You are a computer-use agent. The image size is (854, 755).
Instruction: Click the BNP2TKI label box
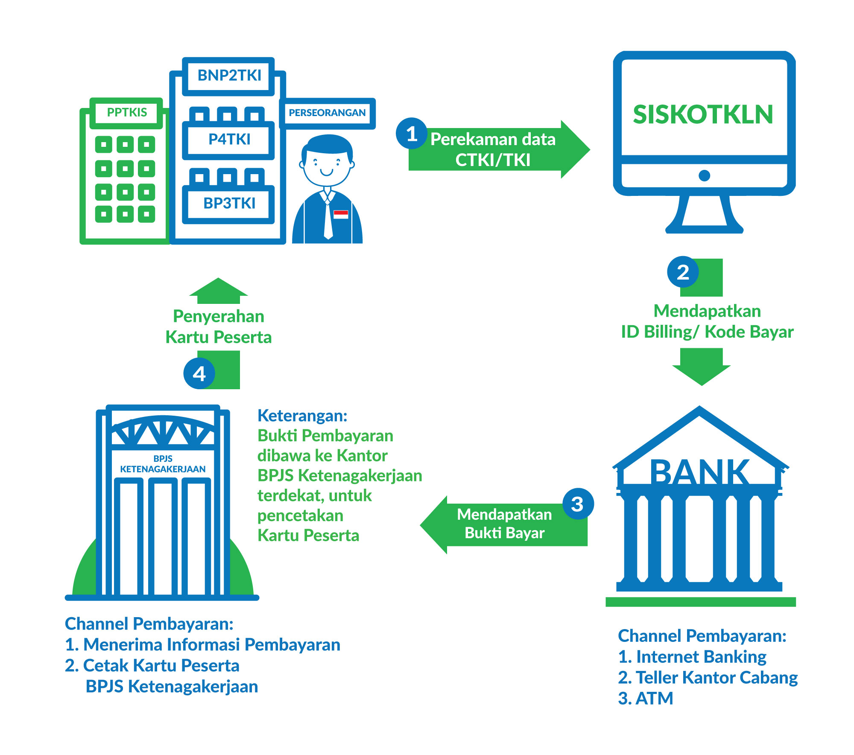(229, 76)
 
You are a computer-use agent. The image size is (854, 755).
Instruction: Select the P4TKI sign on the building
(229, 140)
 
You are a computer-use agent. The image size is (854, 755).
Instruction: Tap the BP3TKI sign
(229, 204)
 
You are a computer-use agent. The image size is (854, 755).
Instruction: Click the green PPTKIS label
(127, 113)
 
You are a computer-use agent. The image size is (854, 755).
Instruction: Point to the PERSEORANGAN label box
(327, 113)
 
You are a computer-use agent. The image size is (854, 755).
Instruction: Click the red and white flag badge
(341, 214)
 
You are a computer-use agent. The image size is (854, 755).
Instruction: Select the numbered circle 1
(411, 134)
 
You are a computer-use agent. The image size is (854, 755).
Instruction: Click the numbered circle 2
(683, 272)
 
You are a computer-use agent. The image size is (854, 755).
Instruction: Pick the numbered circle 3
(577, 504)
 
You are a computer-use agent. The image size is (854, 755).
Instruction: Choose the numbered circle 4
(199, 374)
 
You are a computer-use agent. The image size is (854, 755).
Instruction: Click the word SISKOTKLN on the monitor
(703, 114)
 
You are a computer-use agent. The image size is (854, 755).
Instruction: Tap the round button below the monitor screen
(704, 175)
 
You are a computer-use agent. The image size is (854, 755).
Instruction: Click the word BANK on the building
(699, 472)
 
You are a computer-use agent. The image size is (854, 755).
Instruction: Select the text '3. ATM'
(645, 699)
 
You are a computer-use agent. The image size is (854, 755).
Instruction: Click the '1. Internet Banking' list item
(692, 657)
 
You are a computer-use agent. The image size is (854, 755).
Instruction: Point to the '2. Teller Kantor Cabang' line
(708, 678)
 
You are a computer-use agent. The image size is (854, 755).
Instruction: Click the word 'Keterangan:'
(302, 416)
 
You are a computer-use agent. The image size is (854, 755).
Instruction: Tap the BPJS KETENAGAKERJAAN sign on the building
(163, 464)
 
